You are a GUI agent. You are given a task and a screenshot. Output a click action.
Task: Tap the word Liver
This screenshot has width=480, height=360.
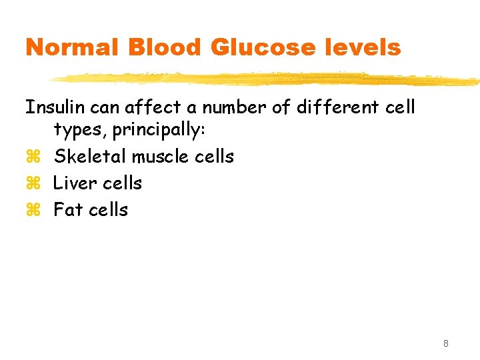[x=72, y=183]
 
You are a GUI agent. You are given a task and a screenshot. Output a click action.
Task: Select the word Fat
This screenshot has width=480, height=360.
[x=67, y=209]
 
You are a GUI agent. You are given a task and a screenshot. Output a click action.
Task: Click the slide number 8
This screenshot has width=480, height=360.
[x=445, y=344]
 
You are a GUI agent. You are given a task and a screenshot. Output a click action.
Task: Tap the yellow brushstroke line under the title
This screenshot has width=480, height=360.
[x=267, y=79]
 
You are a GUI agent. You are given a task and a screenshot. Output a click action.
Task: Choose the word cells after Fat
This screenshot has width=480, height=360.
[x=108, y=209]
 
